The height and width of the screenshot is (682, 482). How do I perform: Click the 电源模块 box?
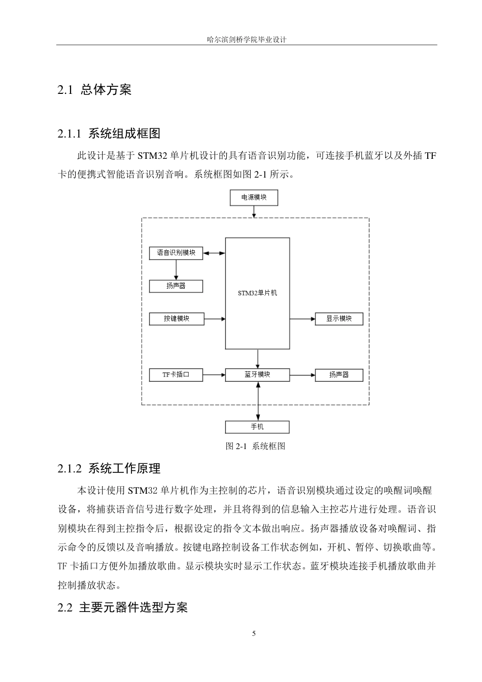point(254,197)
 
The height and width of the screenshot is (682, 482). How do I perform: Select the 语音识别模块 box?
point(176,253)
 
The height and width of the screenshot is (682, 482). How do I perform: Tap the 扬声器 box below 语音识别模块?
point(176,286)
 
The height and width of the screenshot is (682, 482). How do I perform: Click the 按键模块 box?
point(176,319)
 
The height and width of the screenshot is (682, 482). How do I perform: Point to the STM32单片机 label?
point(257,293)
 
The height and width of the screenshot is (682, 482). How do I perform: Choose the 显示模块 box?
point(339,319)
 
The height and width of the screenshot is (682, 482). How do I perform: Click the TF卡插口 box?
point(176,375)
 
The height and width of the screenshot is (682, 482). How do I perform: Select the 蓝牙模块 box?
point(257,375)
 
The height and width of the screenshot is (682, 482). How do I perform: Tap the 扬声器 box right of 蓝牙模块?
point(339,375)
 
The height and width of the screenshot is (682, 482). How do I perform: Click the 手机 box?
point(257,427)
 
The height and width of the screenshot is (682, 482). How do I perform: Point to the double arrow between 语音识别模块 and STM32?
point(214,253)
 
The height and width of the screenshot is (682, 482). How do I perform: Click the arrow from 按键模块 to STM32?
point(215,319)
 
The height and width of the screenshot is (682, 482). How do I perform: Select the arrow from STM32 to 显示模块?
point(302,319)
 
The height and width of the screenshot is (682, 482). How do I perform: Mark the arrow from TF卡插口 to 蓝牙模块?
point(214,375)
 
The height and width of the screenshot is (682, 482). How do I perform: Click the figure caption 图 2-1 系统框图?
point(255,446)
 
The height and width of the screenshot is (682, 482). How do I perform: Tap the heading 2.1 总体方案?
point(94,90)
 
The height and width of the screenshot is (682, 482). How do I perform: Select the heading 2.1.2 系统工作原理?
point(109,468)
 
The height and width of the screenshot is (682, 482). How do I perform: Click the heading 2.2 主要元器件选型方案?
point(122,607)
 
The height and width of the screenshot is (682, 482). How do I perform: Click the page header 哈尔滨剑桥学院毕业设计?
point(247,40)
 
